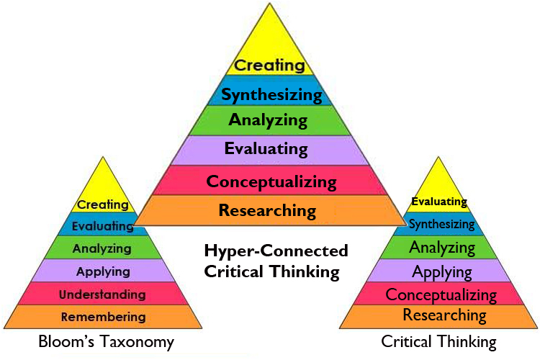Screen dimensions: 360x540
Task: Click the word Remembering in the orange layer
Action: tap(103, 317)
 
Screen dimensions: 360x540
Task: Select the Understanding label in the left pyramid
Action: tap(102, 294)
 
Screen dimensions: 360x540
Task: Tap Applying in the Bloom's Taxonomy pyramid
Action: tap(103, 271)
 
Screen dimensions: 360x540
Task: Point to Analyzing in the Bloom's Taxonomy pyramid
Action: tap(102, 248)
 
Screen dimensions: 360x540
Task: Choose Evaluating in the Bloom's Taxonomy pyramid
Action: tap(103, 226)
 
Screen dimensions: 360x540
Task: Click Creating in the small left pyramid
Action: tap(103, 205)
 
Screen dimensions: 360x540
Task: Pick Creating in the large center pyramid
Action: tap(270, 66)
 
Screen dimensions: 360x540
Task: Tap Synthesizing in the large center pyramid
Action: tap(271, 94)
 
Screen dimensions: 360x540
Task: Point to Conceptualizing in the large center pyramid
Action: tap(271, 181)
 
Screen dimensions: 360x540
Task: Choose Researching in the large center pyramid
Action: tap(267, 211)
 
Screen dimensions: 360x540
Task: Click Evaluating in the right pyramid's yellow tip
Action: tap(439, 202)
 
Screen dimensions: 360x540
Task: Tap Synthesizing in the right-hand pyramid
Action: tap(441, 224)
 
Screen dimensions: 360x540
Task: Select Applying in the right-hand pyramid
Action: tap(442, 272)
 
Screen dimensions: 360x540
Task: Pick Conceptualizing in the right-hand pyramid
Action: tap(441, 294)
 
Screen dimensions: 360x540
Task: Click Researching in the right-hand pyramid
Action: tap(444, 315)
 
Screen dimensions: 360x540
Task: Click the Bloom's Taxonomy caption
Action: tap(107, 342)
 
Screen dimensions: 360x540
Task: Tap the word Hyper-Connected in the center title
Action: tap(276, 251)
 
